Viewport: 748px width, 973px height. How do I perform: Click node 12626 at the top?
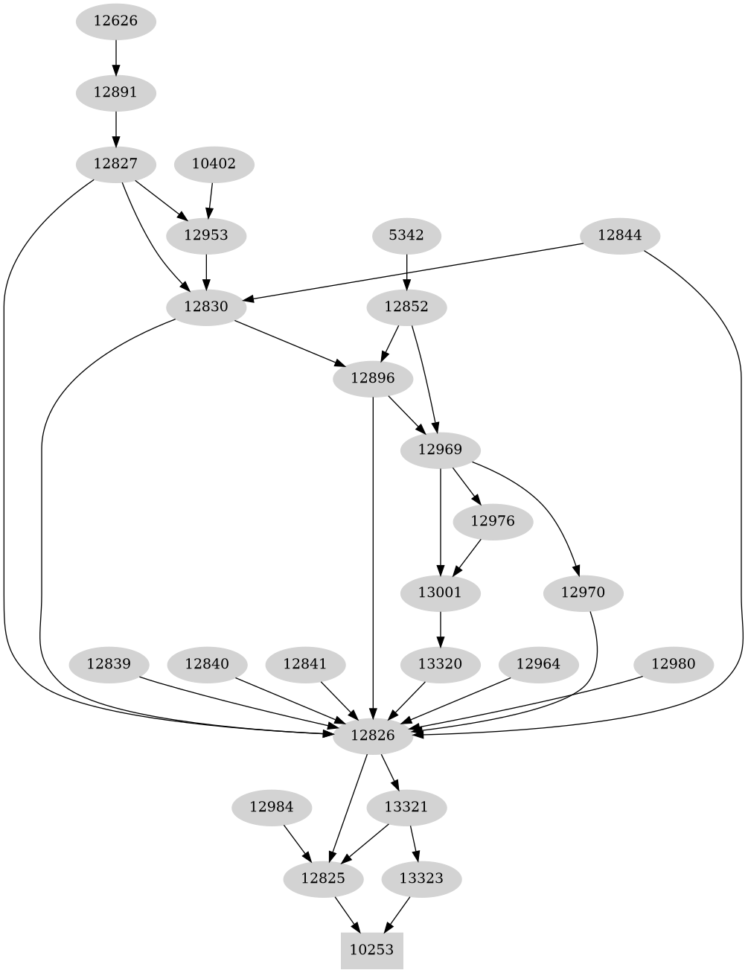coord(115,21)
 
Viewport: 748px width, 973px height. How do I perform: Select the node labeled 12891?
coord(115,93)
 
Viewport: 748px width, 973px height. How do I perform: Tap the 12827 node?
coord(115,164)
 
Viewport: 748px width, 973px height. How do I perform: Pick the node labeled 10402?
coord(214,164)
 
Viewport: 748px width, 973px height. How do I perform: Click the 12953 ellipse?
coord(205,235)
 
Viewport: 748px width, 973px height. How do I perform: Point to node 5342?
coord(406,235)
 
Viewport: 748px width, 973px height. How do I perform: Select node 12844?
coord(619,235)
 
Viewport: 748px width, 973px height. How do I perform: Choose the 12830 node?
coord(205,307)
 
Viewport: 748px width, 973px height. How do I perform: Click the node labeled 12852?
coord(406,307)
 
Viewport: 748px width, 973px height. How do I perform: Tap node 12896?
coord(373,378)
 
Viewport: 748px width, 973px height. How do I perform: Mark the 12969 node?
coord(441,450)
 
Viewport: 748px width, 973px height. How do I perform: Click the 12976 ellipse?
coord(493,521)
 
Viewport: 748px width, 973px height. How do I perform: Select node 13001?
coord(441,593)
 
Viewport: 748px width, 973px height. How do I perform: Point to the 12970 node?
coord(583,593)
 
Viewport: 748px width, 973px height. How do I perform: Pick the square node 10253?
coord(372,950)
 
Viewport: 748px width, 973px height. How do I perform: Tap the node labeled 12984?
coord(271,807)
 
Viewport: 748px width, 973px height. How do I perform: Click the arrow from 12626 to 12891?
coord(115,57)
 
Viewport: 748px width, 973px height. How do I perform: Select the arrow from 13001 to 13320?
coord(441,628)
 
